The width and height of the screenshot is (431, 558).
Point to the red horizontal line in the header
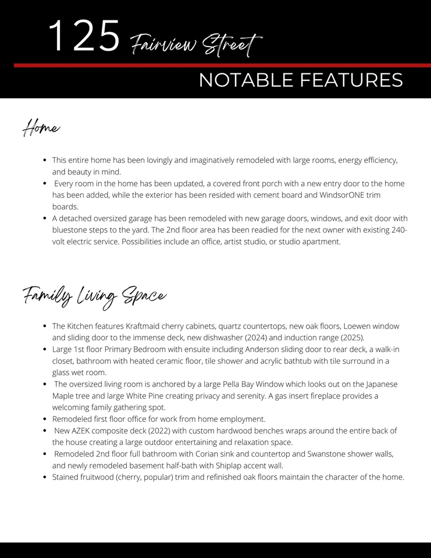pyautogui.click(x=221, y=66)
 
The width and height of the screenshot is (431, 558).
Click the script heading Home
pyautogui.click(x=41, y=127)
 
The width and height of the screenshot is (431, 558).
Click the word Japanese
pyautogui.click(x=382, y=384)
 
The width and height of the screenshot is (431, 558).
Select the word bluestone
pyautogui.click(x=70, y=230)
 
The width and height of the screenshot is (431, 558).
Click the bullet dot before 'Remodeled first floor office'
pyautogui.click(x=45, y=419)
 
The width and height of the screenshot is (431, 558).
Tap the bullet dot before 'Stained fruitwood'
pyautogui.click(x=45, y=477)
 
